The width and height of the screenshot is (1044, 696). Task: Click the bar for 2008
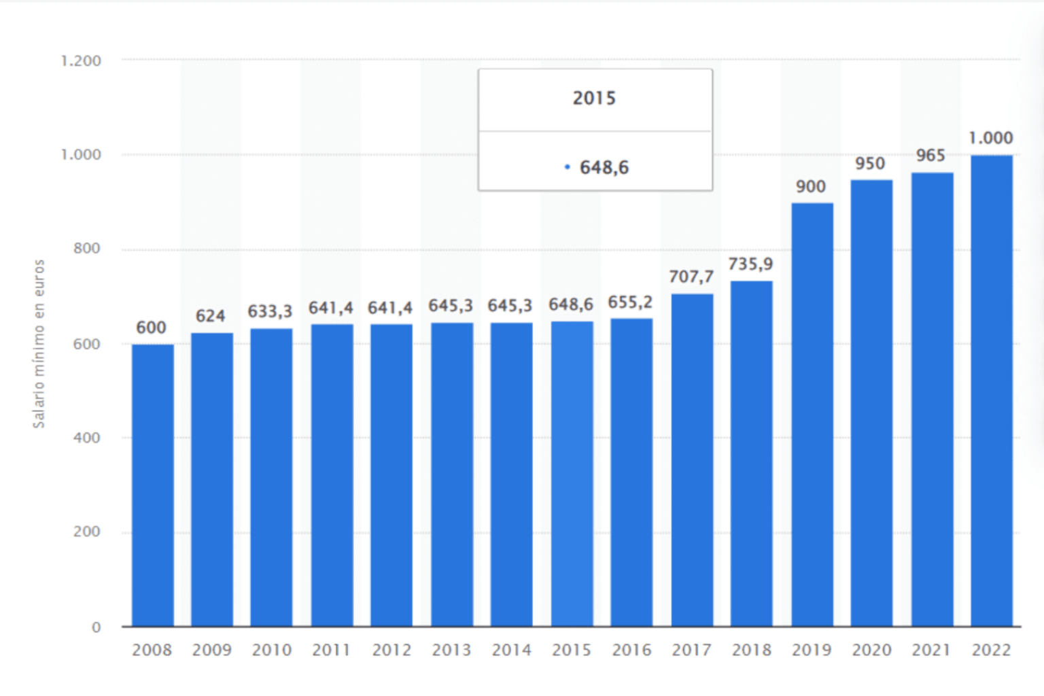pyautogui.click(x=152, y=485)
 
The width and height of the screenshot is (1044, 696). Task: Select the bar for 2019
pyautogui.click(x=812, y=415)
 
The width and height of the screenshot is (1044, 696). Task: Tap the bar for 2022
pyautogui.click(x=991, y=391)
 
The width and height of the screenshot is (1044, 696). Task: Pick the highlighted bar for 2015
pyautogui.click(x=572, y=474)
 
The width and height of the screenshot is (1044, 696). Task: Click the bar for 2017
pyautogui.click(x=692, y=460)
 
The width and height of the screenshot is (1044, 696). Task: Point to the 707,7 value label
pyautogui.click(x=691, y=277)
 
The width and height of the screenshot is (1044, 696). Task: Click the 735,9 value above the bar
pyautogui.click(x=750, y=264)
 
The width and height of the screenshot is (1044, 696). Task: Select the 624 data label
pyautogui.click(x=210, y=316)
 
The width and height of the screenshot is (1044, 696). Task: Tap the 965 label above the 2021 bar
pyautogui.click(x=930, y=156)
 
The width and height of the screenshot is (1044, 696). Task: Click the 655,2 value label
pyautogui.click(x=630, y=302)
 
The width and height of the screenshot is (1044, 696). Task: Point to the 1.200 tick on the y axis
pyautogui.click(x=81, y=61)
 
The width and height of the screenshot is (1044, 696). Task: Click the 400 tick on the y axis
pyautogui.click(x=86, y=438)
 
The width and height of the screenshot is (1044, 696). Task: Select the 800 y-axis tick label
pyautogui.click(x=86, y=249)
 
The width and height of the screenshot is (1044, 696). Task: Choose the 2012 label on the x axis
pyautogui.click(x=391, y=650)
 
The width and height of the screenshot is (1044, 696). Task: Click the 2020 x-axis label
pyautogui.click(x=871, y=650)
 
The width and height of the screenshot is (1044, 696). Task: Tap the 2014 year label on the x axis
pyautogui.click(x=511, y=650)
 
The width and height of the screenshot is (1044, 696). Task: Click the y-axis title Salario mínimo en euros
pyautogui.click(x=39, y=344)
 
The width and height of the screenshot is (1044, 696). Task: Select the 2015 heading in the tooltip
pyautogui.click(x=594, y=99)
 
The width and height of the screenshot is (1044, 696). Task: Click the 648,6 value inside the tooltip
pyautogui.click(x=604, y=167)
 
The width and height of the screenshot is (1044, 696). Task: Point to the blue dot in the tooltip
pyautogui.click(x=567, y=167)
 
